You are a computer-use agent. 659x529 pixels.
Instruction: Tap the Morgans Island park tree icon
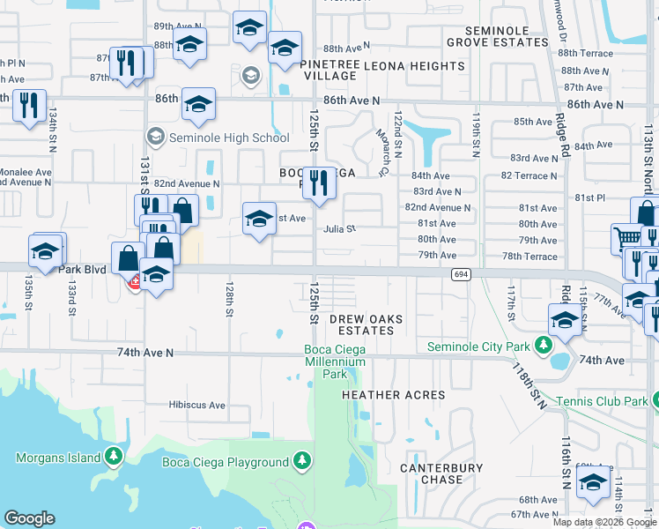113,457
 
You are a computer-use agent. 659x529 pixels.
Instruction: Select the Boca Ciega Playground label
226,462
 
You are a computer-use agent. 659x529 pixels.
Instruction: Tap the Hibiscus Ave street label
197,406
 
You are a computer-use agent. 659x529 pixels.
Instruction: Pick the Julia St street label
339,229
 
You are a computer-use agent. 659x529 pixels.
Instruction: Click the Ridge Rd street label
561,133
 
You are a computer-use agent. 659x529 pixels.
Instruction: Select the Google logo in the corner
29,518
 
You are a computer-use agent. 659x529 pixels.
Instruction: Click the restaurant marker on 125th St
319,183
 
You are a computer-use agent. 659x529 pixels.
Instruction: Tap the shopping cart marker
626,238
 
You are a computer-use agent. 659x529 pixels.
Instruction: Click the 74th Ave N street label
145,353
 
